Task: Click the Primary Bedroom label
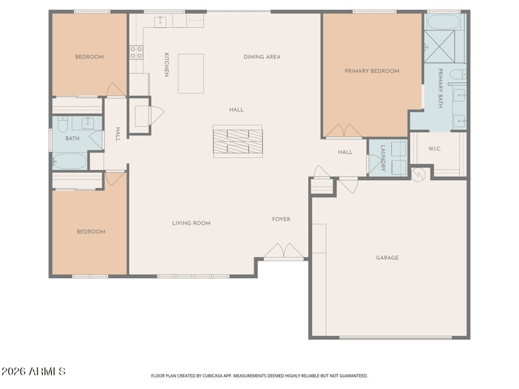coord(372,71)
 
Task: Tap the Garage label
coord(387,257)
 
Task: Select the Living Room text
coord(191,223)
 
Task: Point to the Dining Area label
coord(262,57)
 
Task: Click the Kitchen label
coord(167,65)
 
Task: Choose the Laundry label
coord(383,158)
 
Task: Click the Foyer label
coord(281,219)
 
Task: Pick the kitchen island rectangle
coord(191,74)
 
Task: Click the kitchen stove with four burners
coord(136,53)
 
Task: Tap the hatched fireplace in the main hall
coord(237,141)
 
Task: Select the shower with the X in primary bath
coord(440,46)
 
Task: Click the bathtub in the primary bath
coord(444,22)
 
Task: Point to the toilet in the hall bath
coord(62,124)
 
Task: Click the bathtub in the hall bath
coord(70,161)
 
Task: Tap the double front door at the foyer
coord(284,251)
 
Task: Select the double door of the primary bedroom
coord(344,131)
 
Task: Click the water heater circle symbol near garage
coord(418,175)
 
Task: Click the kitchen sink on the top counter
coord(160,21)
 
